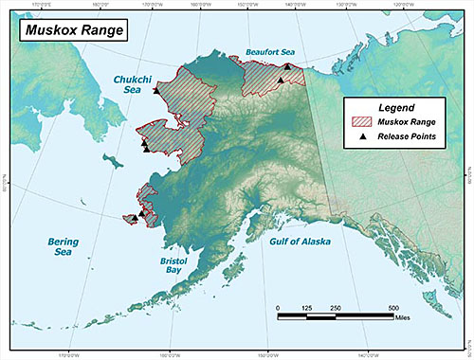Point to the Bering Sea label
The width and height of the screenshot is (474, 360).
64,247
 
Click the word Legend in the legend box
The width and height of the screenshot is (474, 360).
392,108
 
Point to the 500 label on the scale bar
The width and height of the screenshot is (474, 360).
392,309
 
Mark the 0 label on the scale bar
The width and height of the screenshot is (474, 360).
278,309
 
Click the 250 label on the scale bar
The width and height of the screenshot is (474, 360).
336,309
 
